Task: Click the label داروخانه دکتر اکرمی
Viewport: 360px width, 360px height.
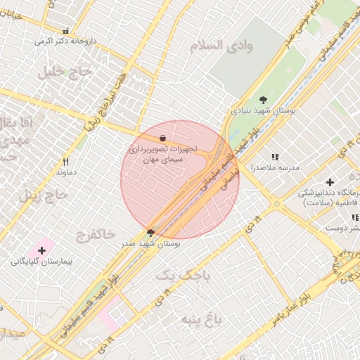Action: (x=64, y=41)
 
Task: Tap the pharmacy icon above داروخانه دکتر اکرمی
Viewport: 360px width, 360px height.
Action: (x=66, y=31)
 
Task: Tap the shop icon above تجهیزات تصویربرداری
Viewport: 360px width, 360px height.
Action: (x=163, y=139)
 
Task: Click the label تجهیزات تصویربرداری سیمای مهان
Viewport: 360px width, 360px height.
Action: (x=163, y=155)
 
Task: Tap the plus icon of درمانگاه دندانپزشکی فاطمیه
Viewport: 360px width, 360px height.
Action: (x=330, y=182)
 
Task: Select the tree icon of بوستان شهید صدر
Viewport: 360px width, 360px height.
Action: (x=150, y=232)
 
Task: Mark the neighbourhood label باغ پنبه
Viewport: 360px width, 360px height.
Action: (x=198, y=321)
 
